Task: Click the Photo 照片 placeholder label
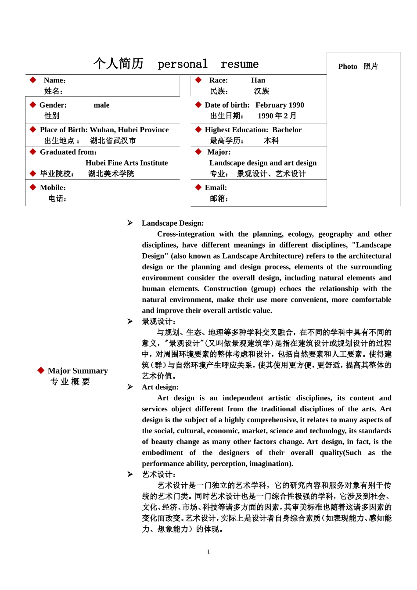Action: [358, 66]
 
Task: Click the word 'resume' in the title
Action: [240, 64]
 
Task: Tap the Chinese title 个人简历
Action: [119, 64]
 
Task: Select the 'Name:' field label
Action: [55, 80]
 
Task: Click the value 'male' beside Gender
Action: [101, 105]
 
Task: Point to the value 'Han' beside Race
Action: [258, 80]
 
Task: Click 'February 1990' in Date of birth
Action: [280, 105]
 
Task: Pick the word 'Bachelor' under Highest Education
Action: [287, 130]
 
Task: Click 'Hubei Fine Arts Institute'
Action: [126, 163]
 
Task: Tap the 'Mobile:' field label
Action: [53, 187]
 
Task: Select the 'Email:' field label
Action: [216, 187]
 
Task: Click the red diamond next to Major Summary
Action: [41, 371]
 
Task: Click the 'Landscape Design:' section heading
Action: [173, 223]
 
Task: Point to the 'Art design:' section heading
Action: [160, 387]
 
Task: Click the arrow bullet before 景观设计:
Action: [130, 321]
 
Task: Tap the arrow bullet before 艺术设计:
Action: [130, 474]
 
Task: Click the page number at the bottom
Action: [208, 552]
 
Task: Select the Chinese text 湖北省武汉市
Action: [113, 141]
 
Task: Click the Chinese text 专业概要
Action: [70, 382]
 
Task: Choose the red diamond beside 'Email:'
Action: [198, 187]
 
